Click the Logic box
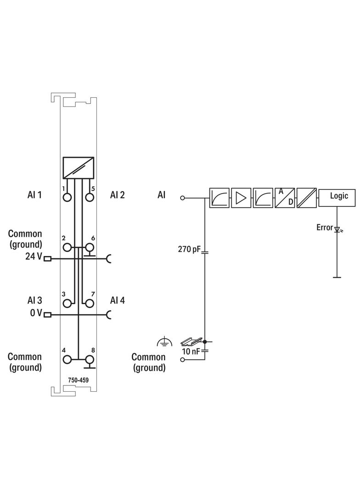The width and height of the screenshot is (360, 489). pos(339,196)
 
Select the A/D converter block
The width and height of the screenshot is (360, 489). pos(285,198)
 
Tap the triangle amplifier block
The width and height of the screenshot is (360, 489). pos(241,198)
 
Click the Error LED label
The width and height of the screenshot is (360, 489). pos(324,228)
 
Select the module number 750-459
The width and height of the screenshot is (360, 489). pos(79,380)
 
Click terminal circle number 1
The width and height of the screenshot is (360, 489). pos(67,197)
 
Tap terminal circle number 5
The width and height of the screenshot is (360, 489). pos(90,197)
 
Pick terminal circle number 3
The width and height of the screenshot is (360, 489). pos(67,303)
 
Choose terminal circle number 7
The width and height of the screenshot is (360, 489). pos(90,303)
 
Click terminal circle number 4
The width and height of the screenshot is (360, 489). pos(67,360)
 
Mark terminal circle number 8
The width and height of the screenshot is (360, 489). pos(90,360)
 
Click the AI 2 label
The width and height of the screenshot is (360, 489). pos(117,195)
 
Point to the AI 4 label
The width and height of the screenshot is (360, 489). pos(117,300)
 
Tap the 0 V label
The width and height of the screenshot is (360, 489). pos(36,313)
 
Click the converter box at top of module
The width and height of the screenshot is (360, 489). pos(79,168)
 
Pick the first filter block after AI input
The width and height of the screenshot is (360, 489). pos(219,198)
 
